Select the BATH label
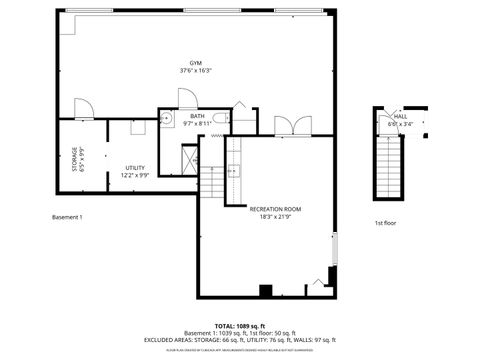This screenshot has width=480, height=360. [197, 116]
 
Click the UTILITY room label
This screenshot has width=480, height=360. [134, 167]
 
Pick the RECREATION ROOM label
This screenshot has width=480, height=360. [274, 209]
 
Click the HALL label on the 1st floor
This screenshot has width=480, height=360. [400, 117]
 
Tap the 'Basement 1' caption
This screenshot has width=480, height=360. [67, 217]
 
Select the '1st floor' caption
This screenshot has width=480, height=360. [386, 222]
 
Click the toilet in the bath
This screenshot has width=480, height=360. [233, 118]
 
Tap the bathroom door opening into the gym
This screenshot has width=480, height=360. [187, 98]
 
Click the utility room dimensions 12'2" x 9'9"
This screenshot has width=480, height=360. [134, 175]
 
